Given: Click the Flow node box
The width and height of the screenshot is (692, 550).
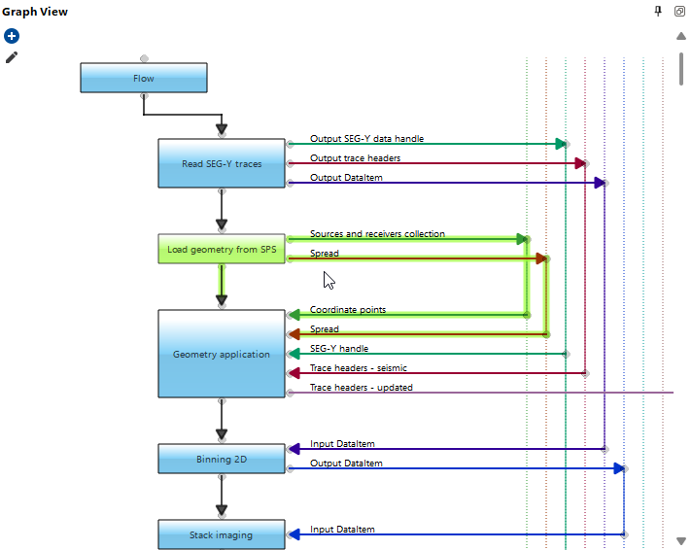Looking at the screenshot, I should (x=143, y=78).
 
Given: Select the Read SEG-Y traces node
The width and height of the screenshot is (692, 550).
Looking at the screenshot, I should (x=222, y=163).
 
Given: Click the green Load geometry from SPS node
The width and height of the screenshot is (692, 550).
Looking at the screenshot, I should (x=222, y=249).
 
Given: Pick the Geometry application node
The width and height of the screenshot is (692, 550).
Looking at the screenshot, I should (x=222, y=354).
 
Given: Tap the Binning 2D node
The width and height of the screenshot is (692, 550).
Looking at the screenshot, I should (x=222, y=459).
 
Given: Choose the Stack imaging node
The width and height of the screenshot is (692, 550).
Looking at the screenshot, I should (x=222, y=534).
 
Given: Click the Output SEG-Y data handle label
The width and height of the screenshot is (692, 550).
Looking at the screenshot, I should (x=366, y=139).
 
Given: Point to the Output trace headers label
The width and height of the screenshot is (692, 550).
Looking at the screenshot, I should (x=355, y=158).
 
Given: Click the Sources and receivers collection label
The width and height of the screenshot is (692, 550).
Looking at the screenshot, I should (x=377, y=234).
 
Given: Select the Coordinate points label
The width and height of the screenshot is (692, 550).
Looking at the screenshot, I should (x=347, y=310).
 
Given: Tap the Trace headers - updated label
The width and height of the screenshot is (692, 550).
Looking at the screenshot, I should (x=361, y=388).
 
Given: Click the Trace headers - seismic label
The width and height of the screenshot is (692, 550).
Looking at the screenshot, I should (x=358, y=367).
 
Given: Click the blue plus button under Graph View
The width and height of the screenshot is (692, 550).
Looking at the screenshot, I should (x=12, y=36).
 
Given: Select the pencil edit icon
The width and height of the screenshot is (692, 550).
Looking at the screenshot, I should (x=12, y=57).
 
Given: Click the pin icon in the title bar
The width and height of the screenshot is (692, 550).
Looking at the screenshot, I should (x=658, y=11).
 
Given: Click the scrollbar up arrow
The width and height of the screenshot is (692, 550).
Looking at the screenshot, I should (x=681, y=37).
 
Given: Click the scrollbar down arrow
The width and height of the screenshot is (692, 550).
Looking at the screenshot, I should (x=681, y=540).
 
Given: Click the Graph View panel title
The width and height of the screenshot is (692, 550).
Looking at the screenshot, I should (x=34, y=12).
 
